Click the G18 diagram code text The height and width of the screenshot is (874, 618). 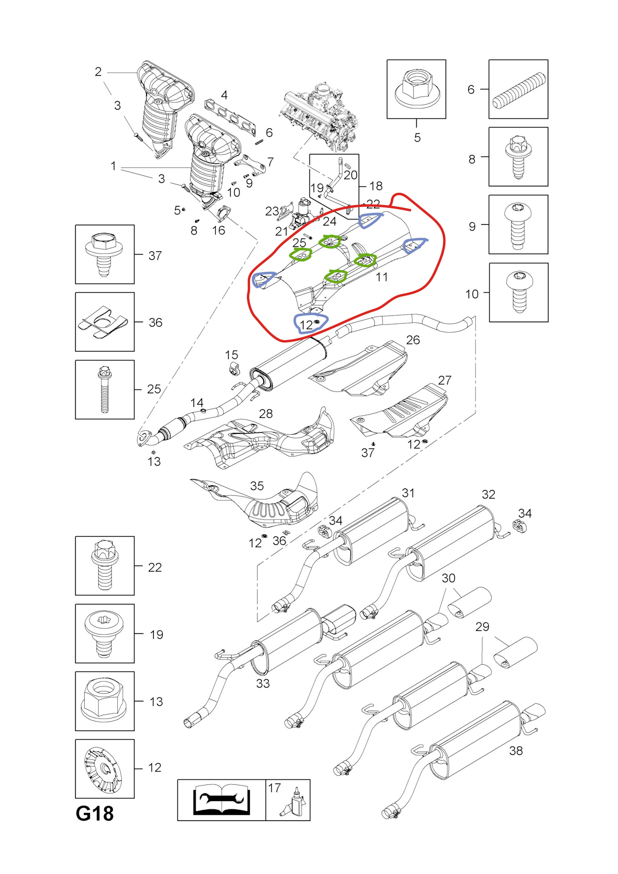(x=95, y=813)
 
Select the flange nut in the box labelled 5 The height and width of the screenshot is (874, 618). (x=416, y=88)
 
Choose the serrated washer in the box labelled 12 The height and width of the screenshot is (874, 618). (x=104, y=769)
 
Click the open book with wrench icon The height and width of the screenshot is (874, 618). (x=221, y=800)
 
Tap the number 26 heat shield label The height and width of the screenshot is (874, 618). (x=413, y=340)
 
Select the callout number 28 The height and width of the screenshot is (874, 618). (x=266, y=413)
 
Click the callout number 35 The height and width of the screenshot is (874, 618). (x=257, y=486)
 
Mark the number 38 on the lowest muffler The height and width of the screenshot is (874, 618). (x=516, y=751)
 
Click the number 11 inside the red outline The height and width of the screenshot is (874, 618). (x=381, y=277)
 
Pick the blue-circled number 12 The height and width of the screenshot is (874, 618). (x=307, y=325)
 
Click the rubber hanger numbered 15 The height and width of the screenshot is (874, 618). (x=233, y=369)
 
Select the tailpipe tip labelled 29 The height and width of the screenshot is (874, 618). (x=516, y=652)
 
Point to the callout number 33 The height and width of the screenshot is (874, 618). (x=263, y=683)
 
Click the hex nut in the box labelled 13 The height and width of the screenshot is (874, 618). (x=104, y=701)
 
